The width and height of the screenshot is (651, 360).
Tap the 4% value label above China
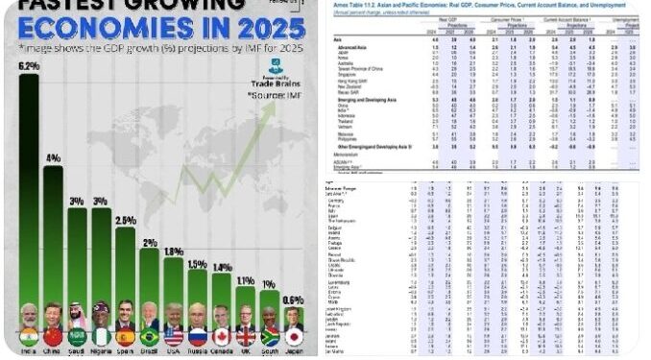[x=54, y=157]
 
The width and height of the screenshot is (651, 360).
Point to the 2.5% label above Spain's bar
[x=125, y=220]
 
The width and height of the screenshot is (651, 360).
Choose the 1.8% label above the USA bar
[x=174, y=252]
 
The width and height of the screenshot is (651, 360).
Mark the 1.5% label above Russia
[x=198, y=264]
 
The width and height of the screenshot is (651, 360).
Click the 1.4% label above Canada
[x=222, y=267]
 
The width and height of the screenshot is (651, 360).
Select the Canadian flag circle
[x=222, y=338]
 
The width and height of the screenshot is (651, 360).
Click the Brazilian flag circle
[x=150, y=338]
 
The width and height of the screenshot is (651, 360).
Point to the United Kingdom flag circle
[x=246, y=338]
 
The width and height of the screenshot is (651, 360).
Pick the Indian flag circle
[x=29, y=338]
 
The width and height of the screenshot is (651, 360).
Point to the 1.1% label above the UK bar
[x=246, y=280]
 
